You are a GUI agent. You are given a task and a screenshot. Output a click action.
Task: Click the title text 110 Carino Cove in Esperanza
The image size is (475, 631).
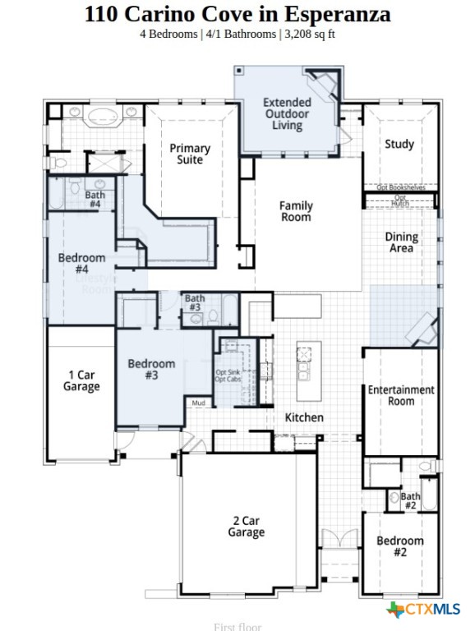point(237,14)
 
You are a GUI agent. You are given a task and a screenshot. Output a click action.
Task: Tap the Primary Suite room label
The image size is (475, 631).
point(190,154)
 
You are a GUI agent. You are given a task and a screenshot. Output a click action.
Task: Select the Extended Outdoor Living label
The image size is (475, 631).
point(287,114)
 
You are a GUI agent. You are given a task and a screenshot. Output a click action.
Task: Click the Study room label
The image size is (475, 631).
point(399,144)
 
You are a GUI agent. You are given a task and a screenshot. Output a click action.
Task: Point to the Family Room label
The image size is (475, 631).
point(296,211)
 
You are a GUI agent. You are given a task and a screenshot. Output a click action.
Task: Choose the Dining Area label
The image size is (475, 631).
point(402,242)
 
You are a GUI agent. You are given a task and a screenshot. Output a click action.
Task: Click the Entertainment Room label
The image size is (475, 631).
point(401,395)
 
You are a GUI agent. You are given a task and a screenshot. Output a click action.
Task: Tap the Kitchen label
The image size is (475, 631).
point(304,417)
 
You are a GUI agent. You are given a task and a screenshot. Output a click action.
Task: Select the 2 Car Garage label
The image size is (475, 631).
point(247,527)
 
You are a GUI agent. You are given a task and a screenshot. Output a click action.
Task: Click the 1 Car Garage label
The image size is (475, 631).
point(81,380)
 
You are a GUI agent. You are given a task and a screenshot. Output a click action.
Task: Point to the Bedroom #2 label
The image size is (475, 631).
point(400,546)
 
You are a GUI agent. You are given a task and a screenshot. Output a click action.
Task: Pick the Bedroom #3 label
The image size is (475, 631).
point(151,370)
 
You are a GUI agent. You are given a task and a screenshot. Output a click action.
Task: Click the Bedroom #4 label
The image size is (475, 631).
point(81,263)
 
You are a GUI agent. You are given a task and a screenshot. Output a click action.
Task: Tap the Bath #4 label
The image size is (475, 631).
point(95,199)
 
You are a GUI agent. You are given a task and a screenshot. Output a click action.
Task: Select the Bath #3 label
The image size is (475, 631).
point(194,302)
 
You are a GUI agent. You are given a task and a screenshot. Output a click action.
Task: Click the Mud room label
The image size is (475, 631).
point(198,403)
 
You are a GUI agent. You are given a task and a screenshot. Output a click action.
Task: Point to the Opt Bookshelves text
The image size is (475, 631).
point(401,187)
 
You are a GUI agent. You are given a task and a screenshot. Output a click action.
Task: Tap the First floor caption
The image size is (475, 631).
point(237,626)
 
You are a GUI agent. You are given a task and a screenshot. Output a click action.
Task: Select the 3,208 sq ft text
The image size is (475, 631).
point(310,34)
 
